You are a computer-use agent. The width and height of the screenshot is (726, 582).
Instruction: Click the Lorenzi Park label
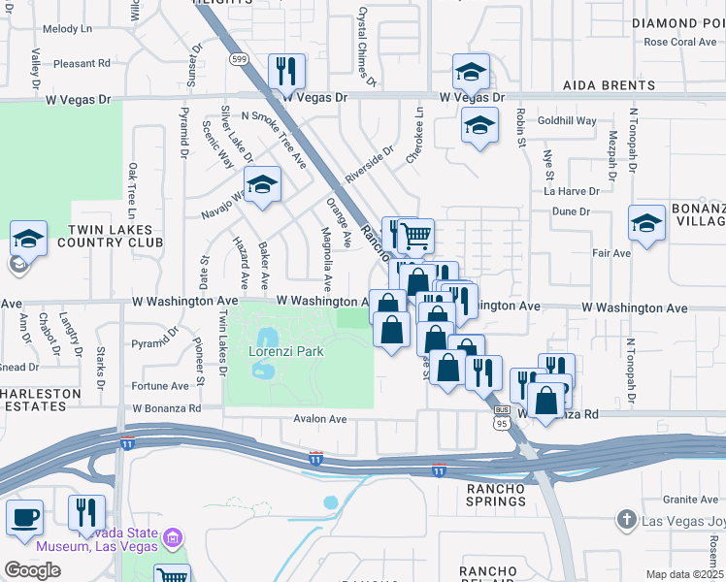tap(285, 352)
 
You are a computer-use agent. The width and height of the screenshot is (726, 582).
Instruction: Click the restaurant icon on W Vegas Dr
tap(286, 71)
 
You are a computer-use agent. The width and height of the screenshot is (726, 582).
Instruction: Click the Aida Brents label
tap(610, 85)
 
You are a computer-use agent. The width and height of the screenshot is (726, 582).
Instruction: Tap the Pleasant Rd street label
tap(82, 64)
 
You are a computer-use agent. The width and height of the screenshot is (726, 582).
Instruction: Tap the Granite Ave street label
tap(691, 500)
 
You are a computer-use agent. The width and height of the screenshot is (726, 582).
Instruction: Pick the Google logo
tap(32, 569)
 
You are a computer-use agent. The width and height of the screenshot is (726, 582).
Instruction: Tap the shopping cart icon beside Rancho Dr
tap(415, 235)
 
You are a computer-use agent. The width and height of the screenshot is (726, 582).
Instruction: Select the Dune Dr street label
tap(571, 211)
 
